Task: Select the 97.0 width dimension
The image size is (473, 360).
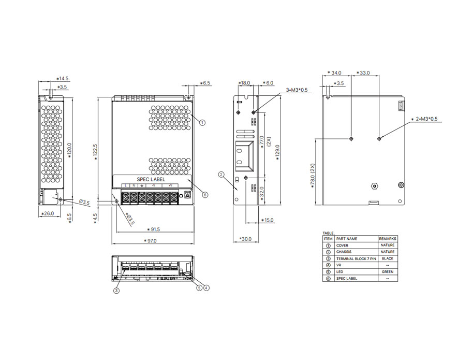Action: [152, 241]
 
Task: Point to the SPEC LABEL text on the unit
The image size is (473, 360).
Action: [151, 179]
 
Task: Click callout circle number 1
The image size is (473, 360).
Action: [202, 123]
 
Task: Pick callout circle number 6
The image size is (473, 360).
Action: [205, 195]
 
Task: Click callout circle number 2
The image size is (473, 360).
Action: [221, 175]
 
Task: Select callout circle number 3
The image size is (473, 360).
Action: [116, 291]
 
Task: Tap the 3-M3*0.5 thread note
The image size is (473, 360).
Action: [297, 90]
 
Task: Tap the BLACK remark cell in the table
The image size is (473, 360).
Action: [387, 258]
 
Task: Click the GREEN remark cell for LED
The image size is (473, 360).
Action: [387, 271]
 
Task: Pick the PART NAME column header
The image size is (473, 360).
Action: [347, 238]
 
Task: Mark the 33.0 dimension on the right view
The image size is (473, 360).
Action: [364, 73]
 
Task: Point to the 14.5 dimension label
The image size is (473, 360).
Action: [63, 79]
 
